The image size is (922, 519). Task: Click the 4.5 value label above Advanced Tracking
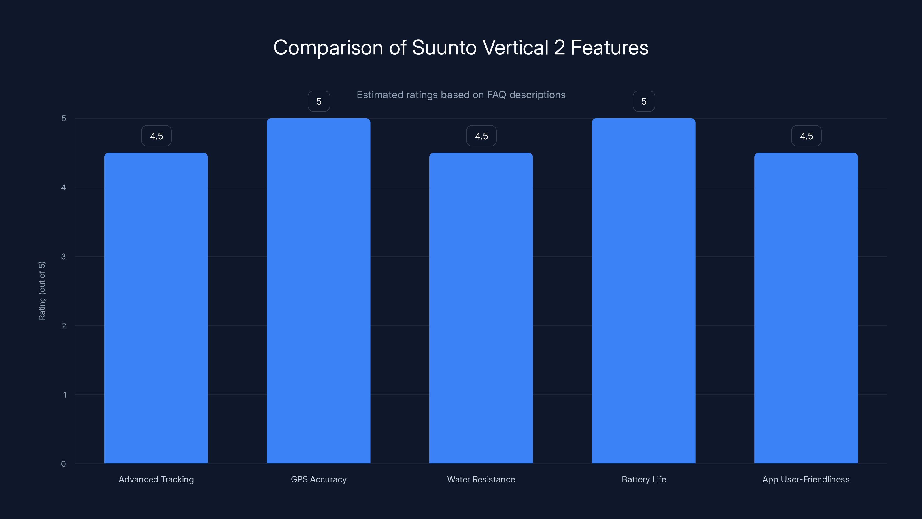pyautogui.click(x=156, y=136)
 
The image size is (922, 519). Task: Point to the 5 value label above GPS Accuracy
pyautogui.click(x=319, y=101)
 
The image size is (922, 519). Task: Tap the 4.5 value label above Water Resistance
pyautogui.click(x=481, y=136)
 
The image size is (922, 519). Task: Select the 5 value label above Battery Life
pyautogui.click(x=644, y=101)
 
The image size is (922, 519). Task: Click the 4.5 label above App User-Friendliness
pyautogui.click(x=806, y=136)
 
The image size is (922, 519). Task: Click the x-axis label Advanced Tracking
pyautogui.click(x=156, y=479)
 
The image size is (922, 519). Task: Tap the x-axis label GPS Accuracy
pyautogui.click(x=319, y=479)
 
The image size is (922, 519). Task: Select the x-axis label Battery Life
pyautogui.click(x=644, y=479)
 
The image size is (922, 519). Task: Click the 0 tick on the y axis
pyautogui.click(x=63, y=464)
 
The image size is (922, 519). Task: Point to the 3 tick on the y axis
pyautogui.click(x=63, y=256)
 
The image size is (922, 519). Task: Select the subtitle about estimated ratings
pyautogui.click(x=461, y=95)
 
